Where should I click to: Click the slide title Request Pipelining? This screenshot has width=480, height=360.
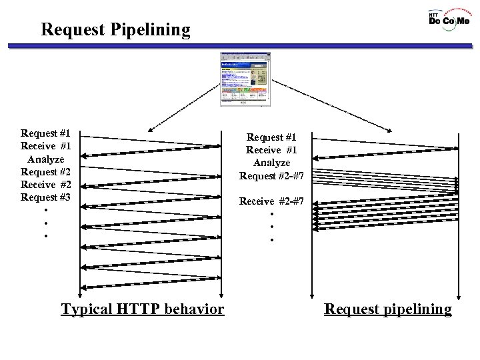click(115, 30)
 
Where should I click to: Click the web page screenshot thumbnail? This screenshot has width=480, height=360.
click(246, 79)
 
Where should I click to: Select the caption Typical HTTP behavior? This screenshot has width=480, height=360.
click(143, 309)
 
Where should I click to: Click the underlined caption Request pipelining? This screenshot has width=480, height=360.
click(387, 309)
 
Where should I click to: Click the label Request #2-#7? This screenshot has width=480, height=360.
click(271, 176)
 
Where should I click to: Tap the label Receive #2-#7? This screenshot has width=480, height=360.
click(271, 201)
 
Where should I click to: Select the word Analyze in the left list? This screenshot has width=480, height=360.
click(46, 159)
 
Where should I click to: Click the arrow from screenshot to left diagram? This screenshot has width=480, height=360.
click(184, 106)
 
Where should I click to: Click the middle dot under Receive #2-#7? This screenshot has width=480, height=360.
click(272, 227)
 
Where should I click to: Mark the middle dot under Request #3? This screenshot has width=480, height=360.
click(45, 223)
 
